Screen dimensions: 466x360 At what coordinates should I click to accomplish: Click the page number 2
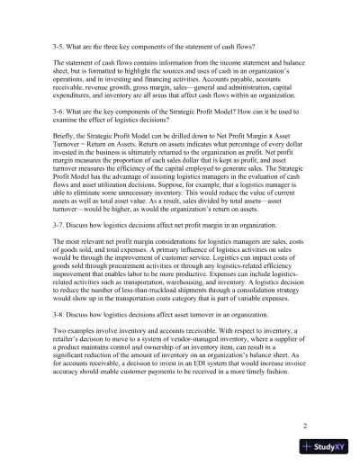click(x=305, y=422)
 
